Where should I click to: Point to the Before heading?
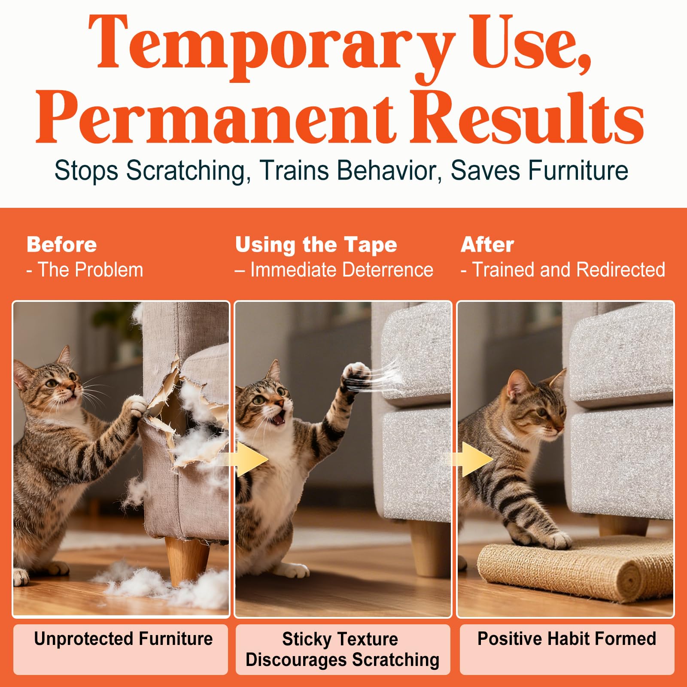(x=62, y=245)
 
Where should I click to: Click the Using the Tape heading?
(x=316, y=245)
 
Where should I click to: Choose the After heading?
(x=487, y=245)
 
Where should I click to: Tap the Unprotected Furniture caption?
(x=123, y=638)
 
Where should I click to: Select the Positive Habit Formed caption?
(x=567, y=638)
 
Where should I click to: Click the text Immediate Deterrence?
(x=342, y=270)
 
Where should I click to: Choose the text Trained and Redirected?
(x=569, y=270)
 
